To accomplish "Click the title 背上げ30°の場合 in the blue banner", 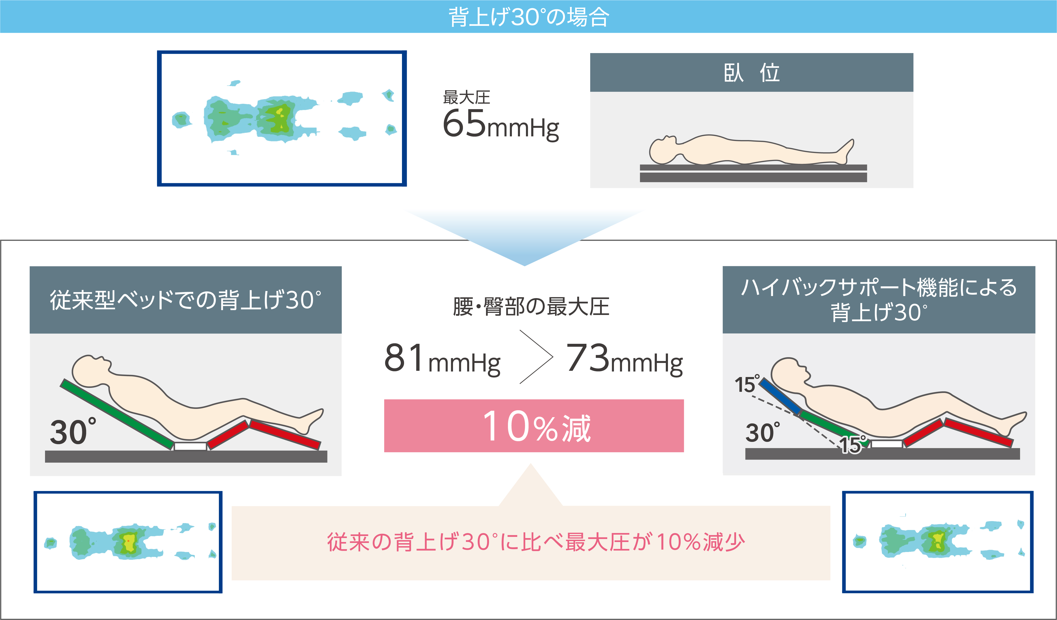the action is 528,17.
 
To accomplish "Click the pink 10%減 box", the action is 534,425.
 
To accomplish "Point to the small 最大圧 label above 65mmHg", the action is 466,98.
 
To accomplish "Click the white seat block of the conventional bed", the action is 190,446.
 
